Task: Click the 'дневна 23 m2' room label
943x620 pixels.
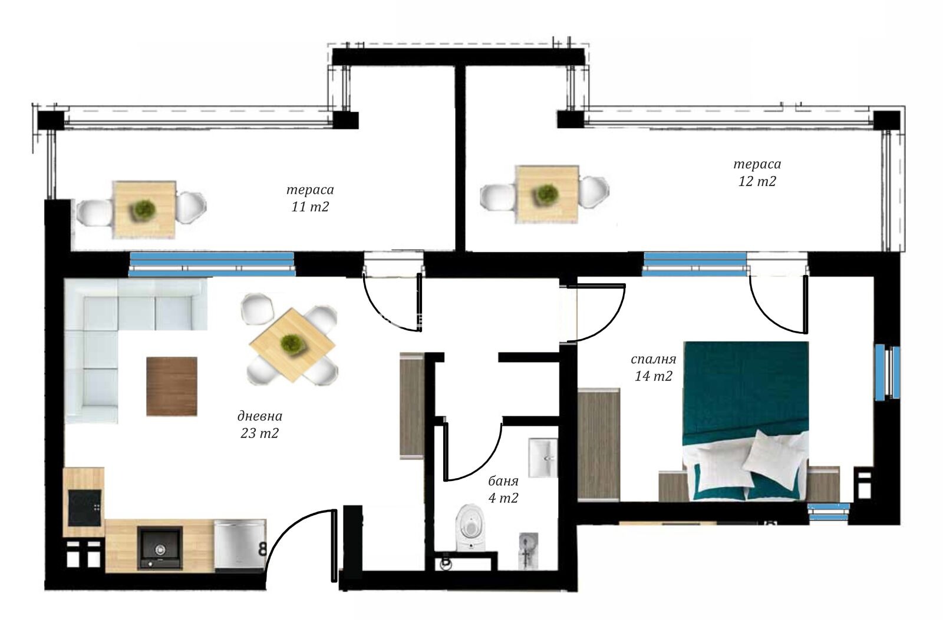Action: (x=259, y=425)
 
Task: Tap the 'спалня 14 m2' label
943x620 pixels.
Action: (x=654, y=367)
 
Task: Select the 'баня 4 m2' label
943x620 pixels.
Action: (x=503, y=490)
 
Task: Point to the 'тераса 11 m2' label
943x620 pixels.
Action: (x=310, y=198)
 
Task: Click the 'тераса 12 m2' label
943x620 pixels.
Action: (x=757, y=173)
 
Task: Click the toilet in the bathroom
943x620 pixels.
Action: (x=471, y=528)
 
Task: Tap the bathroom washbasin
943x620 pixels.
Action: (x=543, y=457)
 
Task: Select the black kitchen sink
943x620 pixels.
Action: (x=160, y=548)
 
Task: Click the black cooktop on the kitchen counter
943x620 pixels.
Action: (x=85, y=508)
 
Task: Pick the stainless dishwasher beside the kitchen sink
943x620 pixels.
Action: (x=240, y=546)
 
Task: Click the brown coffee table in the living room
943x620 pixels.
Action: (x=172, y=387)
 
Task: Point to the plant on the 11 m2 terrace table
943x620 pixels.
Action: (x=144, y=210)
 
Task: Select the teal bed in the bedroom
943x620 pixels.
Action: (x=746, y=421)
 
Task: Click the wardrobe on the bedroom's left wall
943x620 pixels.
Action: (x=599, y=445)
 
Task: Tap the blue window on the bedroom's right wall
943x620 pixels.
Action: (x=888, y=372)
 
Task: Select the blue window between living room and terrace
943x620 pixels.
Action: (x=212, y=264)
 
